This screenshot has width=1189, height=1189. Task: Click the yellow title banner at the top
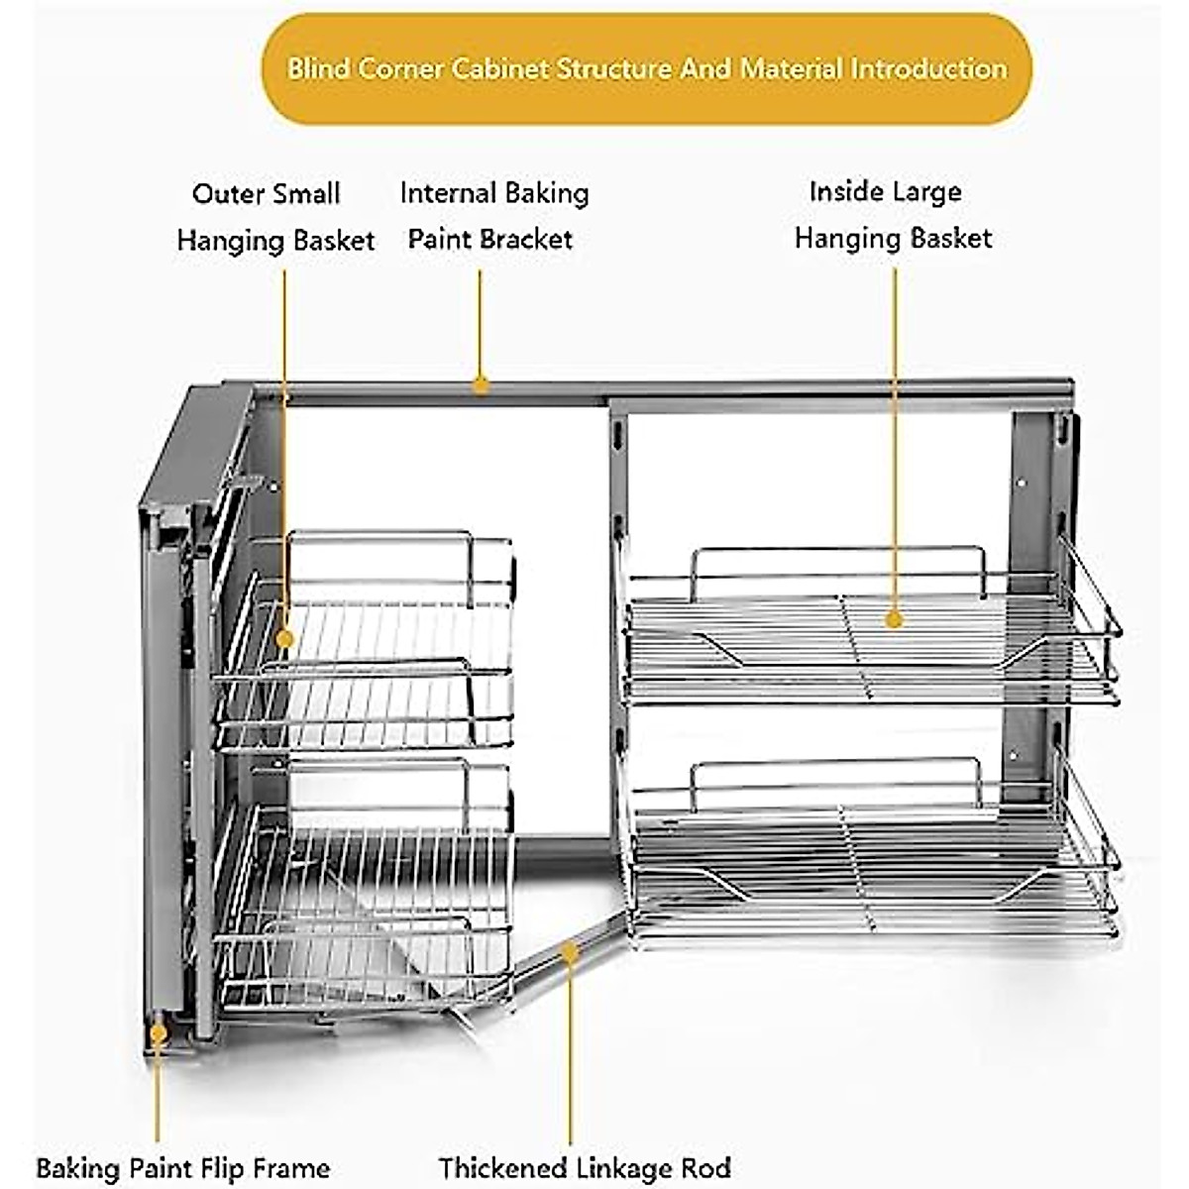646,68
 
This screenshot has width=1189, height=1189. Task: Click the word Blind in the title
319,69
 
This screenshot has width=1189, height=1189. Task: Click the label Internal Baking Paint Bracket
493,215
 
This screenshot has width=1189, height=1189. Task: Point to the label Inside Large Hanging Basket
892,214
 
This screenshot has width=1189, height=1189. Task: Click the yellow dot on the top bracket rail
481,384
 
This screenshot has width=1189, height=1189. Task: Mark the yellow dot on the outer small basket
285,638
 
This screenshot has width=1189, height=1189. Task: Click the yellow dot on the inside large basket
895,620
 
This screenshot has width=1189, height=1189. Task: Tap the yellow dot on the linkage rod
569,951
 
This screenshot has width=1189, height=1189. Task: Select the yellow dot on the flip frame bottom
158,1033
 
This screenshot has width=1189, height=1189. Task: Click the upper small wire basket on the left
367,644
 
